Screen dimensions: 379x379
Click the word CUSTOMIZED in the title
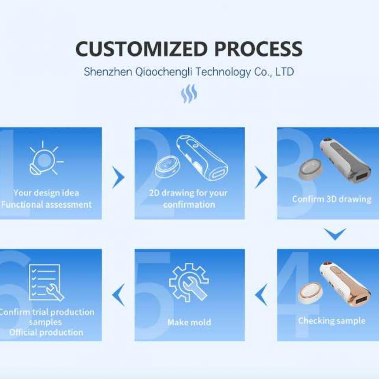141,49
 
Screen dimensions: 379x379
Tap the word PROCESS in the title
258,49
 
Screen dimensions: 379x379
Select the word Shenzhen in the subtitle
108,72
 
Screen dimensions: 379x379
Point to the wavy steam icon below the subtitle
189,94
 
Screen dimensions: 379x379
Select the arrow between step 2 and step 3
261,177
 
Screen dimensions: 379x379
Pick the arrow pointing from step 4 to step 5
261,295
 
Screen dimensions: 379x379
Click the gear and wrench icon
189,283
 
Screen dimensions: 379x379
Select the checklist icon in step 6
46,283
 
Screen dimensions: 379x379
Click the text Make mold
189,322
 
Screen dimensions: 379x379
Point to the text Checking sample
332,321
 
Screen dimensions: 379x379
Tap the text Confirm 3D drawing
332,199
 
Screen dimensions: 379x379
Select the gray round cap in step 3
311,169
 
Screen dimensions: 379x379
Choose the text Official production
47,332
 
